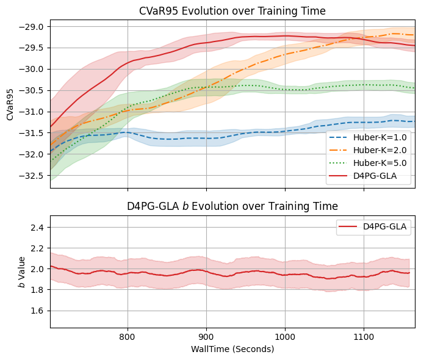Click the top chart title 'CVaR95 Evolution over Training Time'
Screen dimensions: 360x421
pos(232,11)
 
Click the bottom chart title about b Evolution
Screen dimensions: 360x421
pos(232,206)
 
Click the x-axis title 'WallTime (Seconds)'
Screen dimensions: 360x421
pos(232,349)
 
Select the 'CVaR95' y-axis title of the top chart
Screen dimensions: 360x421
pos(10,104)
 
